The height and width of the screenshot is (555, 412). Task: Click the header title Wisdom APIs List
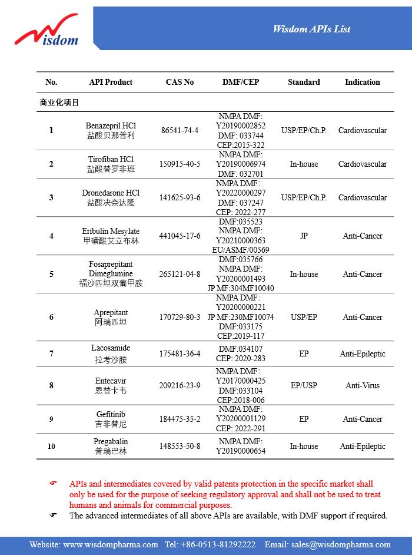click(312, 29)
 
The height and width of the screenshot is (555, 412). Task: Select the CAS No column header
click(180, 82)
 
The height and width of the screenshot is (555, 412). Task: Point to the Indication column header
click(362, 82)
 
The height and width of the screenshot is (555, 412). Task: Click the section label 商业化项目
click(59, 103)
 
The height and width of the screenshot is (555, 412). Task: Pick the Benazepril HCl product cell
click(111, 130)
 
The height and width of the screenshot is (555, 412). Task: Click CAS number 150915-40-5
click(180, 164)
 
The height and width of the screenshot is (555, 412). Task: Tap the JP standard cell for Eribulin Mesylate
click(304, 236)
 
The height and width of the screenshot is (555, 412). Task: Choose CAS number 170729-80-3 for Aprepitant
click(180, 317)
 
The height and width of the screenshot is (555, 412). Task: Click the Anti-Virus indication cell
click(362, 385)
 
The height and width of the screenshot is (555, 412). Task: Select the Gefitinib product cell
click(111, 419)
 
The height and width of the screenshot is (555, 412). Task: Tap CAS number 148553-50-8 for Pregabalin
click(180, 446)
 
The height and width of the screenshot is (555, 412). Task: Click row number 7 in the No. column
click(51, 354)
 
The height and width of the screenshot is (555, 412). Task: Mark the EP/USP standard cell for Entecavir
click(304, 385)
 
